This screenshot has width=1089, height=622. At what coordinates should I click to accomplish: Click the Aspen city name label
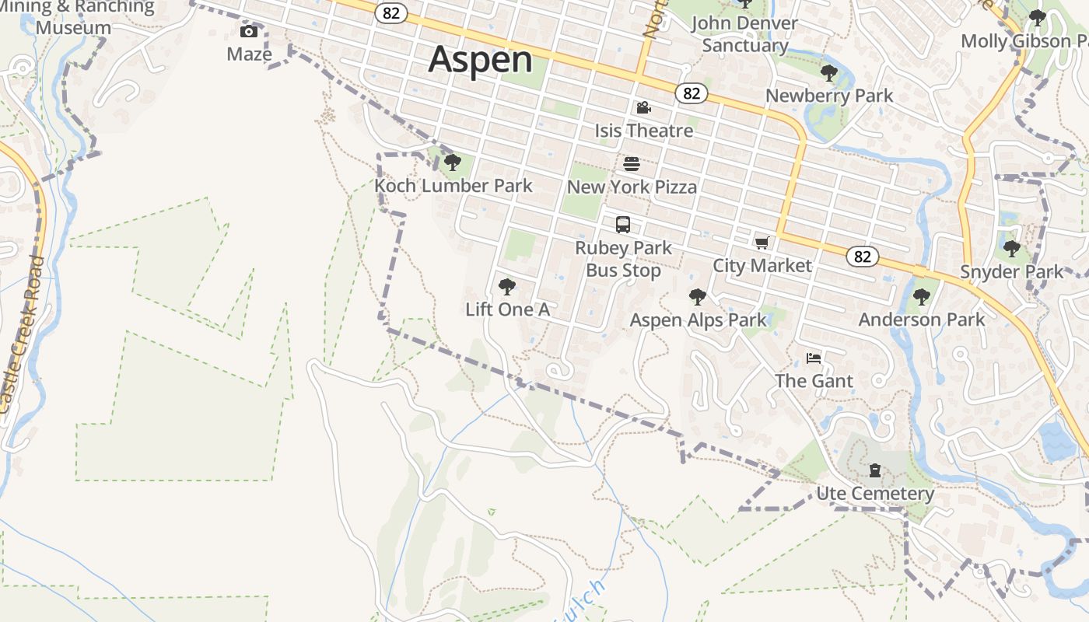(x=481, y=60)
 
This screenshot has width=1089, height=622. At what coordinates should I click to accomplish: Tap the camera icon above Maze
(x=249, y=31)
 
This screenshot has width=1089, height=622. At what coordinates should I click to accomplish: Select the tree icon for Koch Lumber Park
(x=453, y=162)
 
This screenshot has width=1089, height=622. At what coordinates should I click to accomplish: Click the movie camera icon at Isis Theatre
(x=643, y=107)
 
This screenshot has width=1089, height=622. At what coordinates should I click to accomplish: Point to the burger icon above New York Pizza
(x=632, y=164)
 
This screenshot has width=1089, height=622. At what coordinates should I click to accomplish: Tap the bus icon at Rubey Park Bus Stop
(x=623, y=225)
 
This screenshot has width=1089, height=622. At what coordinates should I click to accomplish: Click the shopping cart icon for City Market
(x=762, y=243)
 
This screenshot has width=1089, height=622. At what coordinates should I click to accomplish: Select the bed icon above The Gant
(x=814, y=358)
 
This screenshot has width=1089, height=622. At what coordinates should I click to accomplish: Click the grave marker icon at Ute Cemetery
(x=875, y=470)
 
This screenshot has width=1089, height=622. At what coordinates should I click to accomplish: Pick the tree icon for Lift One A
(x=507, y=287)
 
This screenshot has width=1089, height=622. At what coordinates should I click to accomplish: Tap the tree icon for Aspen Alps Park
(x=697, y=297)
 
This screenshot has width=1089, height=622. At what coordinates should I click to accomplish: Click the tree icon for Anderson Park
(x=921, y=296)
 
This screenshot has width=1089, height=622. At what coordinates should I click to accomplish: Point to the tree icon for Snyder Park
(x=1011, y=249)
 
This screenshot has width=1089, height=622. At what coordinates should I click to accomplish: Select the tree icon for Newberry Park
(x=829, y=73)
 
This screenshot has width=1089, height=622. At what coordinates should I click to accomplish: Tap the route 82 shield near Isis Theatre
(x=692, y=93)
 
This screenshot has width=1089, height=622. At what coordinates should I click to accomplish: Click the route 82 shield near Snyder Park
(x=862, y=257)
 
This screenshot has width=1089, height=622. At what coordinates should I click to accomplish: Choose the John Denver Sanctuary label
(x=745, y=34)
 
